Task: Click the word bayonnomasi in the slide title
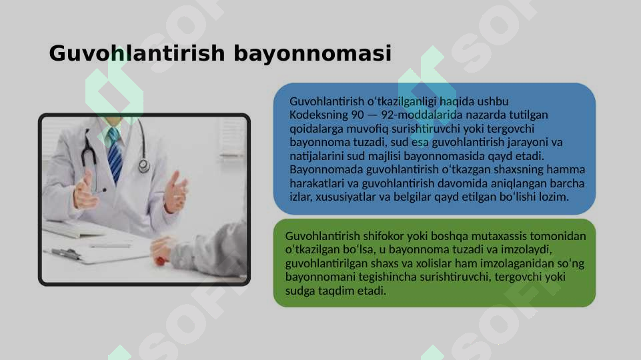click(312, 54)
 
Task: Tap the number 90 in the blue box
click(358, 114)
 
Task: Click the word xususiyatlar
click(346, 197)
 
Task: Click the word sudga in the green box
click(298, 292)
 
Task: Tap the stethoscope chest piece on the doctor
click(144, 166)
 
